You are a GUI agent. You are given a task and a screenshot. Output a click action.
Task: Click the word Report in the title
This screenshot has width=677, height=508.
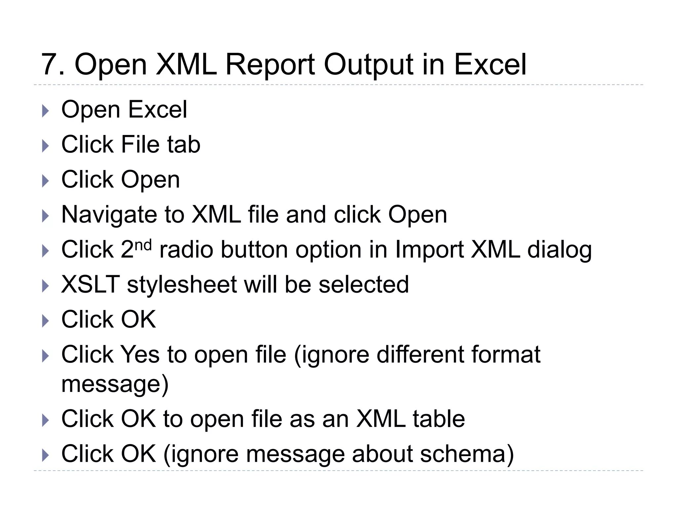270,64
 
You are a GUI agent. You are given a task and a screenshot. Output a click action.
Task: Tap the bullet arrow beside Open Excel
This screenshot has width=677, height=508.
46,111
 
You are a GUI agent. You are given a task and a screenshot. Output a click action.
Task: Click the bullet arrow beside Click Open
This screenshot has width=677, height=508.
46,181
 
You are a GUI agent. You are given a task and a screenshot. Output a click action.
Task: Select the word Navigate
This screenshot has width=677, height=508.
109,215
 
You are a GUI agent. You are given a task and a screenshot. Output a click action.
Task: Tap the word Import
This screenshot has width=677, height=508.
429,250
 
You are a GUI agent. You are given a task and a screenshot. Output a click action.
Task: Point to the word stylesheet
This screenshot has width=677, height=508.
181,285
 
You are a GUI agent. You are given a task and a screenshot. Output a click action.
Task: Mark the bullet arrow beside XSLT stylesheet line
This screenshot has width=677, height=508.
46,286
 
